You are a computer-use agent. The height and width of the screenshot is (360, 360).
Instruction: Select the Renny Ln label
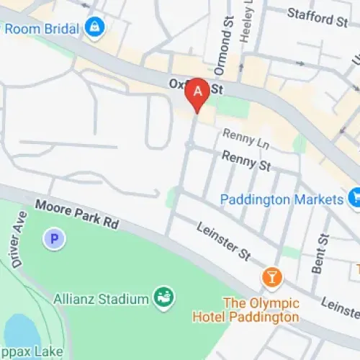[x=244, y=135]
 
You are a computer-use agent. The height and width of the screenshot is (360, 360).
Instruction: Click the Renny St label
[x=246, y=160]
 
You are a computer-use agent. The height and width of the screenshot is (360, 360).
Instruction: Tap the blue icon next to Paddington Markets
[x=354, y=196]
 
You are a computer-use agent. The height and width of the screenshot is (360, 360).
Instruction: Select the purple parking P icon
[x=53, y=238]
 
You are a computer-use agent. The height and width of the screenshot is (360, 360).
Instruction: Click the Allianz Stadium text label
[x=101, y=297]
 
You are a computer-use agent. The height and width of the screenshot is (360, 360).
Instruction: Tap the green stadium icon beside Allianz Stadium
[x=163, y=296]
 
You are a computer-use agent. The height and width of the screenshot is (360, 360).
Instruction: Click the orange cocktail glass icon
[x=271, y=276]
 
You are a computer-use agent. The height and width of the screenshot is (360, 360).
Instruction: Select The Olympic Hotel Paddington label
[x=245, y=310]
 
